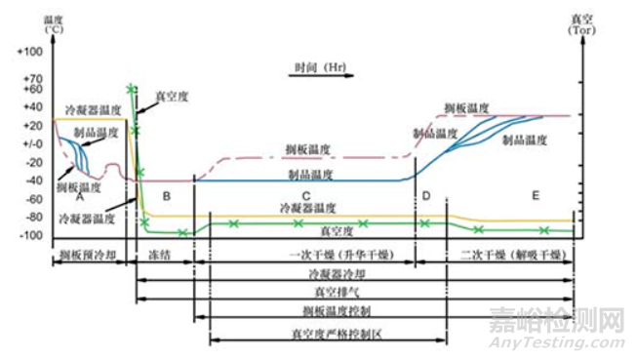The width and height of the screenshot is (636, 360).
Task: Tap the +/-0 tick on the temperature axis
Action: [x=32, y=143]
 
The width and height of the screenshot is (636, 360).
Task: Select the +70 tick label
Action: [x=32, y=78]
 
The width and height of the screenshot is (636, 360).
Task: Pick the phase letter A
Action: [x=78, y=195]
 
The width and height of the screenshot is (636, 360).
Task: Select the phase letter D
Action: [x=426, y=196]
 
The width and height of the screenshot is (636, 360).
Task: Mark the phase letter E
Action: [x=535, y=196]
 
